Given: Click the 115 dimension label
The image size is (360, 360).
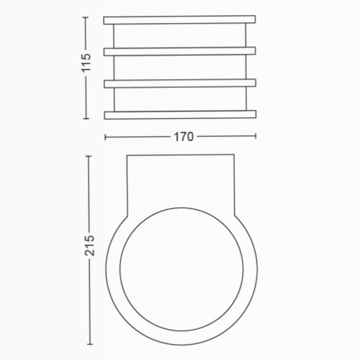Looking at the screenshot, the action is point(86,63).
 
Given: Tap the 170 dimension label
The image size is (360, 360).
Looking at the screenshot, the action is point(184,137).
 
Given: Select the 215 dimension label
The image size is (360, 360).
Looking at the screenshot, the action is point(89,246).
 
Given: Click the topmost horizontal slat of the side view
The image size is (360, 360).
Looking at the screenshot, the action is point(179,20).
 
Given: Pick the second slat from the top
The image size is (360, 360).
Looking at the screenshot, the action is point(180,52).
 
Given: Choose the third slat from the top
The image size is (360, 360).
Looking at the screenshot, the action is point(180,84).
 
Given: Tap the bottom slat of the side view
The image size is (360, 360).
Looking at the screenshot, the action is point(180,115).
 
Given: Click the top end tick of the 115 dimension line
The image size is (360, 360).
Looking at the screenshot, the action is point(86,17).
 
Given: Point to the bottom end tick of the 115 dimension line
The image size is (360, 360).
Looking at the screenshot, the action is point(86,118).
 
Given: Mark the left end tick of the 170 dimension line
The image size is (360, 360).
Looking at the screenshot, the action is point(105,138).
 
